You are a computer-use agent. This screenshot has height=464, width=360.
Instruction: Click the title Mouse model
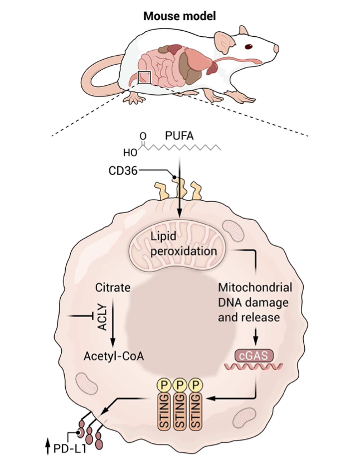[x=179, y=15]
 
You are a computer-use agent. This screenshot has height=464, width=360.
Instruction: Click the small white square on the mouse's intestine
[x=144, y=78]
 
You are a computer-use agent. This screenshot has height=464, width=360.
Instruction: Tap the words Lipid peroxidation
[x=183, y=245]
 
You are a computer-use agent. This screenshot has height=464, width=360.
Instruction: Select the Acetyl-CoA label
[x=111, y=355]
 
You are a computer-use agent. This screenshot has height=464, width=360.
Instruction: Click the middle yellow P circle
[x=179, y=386]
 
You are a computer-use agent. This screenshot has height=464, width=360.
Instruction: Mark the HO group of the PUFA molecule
[x=129, y=151]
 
